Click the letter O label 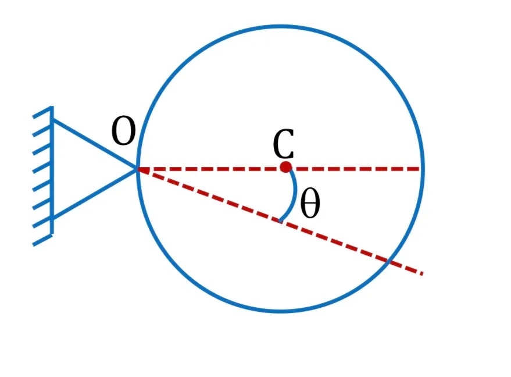click(123, 131)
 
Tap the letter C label click(284, 144)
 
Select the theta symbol click(310, 203)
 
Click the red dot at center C click(286, 167)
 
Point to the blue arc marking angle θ click(295, 195)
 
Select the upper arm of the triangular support click(95, 144)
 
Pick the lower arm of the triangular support click(95, 194)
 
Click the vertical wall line click(52, 169)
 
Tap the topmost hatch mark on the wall click(42, 112)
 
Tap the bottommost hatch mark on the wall click(42, 240)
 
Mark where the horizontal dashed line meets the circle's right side click(423, 169)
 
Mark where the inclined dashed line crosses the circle click(388, 261)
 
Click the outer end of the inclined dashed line click(423, 274)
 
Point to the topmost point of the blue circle click(280, 26)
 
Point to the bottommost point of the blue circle click(280, 311)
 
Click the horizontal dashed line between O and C click(209, 169)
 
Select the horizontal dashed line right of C click(356, 169)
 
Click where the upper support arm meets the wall click(52, 120)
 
